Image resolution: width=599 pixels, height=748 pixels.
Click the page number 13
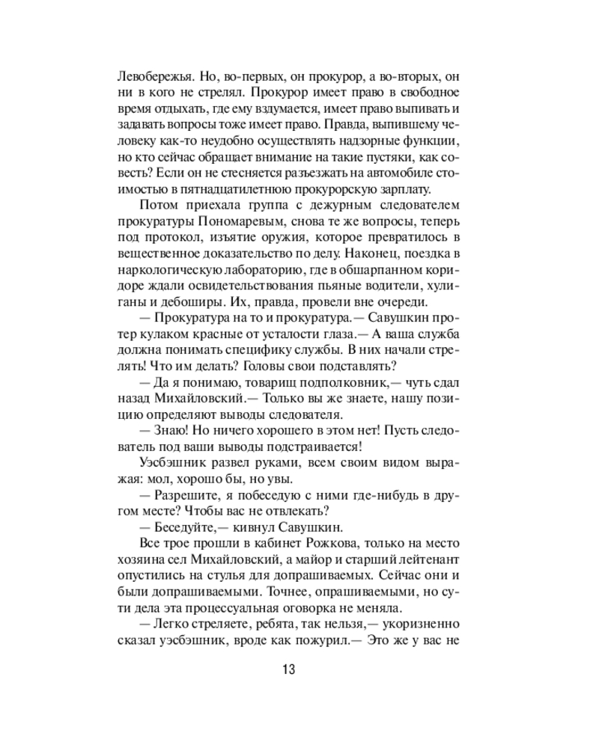(x=289, y=668)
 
